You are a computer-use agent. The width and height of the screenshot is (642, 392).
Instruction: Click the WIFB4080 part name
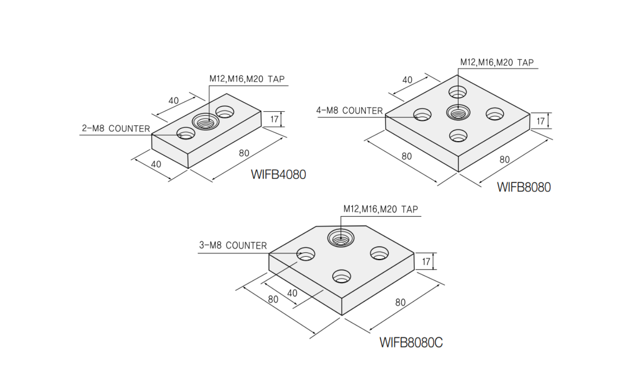pyautogui.click(x=278, y=174)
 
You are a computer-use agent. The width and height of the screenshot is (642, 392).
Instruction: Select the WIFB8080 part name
pyautogui.click(x=524, y=187)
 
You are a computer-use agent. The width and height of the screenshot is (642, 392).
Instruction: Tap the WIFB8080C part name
pyautogui.click(x=411, y=342)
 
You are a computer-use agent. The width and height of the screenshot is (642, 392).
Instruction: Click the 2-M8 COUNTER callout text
pyautogui.click(x=116, y=129)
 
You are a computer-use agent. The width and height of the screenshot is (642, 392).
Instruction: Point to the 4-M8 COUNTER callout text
pyautogui.click(x=349, y=111)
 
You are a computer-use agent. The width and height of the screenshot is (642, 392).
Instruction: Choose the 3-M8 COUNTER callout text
pyautogui.click(x=233, y=246)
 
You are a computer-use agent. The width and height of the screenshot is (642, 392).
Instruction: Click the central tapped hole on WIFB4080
pyautogui.click(x=206, y=121)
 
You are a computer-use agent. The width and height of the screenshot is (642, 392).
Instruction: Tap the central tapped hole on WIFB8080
pyautogui.click(x=458, y=111)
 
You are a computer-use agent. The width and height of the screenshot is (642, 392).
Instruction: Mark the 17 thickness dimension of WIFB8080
pyautogui.click(x=540, y=121)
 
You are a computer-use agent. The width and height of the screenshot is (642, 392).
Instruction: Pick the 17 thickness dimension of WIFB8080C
pyautogui.click(x=426, y=262)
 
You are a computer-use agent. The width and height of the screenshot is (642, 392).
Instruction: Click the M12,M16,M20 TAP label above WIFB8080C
pyautogui.click(x=380, y=209)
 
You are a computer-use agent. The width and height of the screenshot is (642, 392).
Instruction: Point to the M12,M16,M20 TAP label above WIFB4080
pyautogui.click(x=247, y=79)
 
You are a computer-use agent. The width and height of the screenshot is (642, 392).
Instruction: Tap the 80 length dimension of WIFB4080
pyautogui.click(x=244, y=153)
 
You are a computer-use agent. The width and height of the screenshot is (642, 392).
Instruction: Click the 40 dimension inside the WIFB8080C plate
pyautogui.click(x=292, y=294)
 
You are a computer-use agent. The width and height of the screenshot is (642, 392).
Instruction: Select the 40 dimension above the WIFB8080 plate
pyautogui.click(x=407, y=80)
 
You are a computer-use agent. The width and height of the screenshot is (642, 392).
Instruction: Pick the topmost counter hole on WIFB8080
pyautogui.click(x=457, y=92)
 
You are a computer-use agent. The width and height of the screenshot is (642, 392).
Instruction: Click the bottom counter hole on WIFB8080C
pyautogui.click(x=342, y=275)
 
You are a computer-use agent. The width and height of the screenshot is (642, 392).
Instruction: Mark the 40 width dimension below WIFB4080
pyautogui.click(x=156, y=164)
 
